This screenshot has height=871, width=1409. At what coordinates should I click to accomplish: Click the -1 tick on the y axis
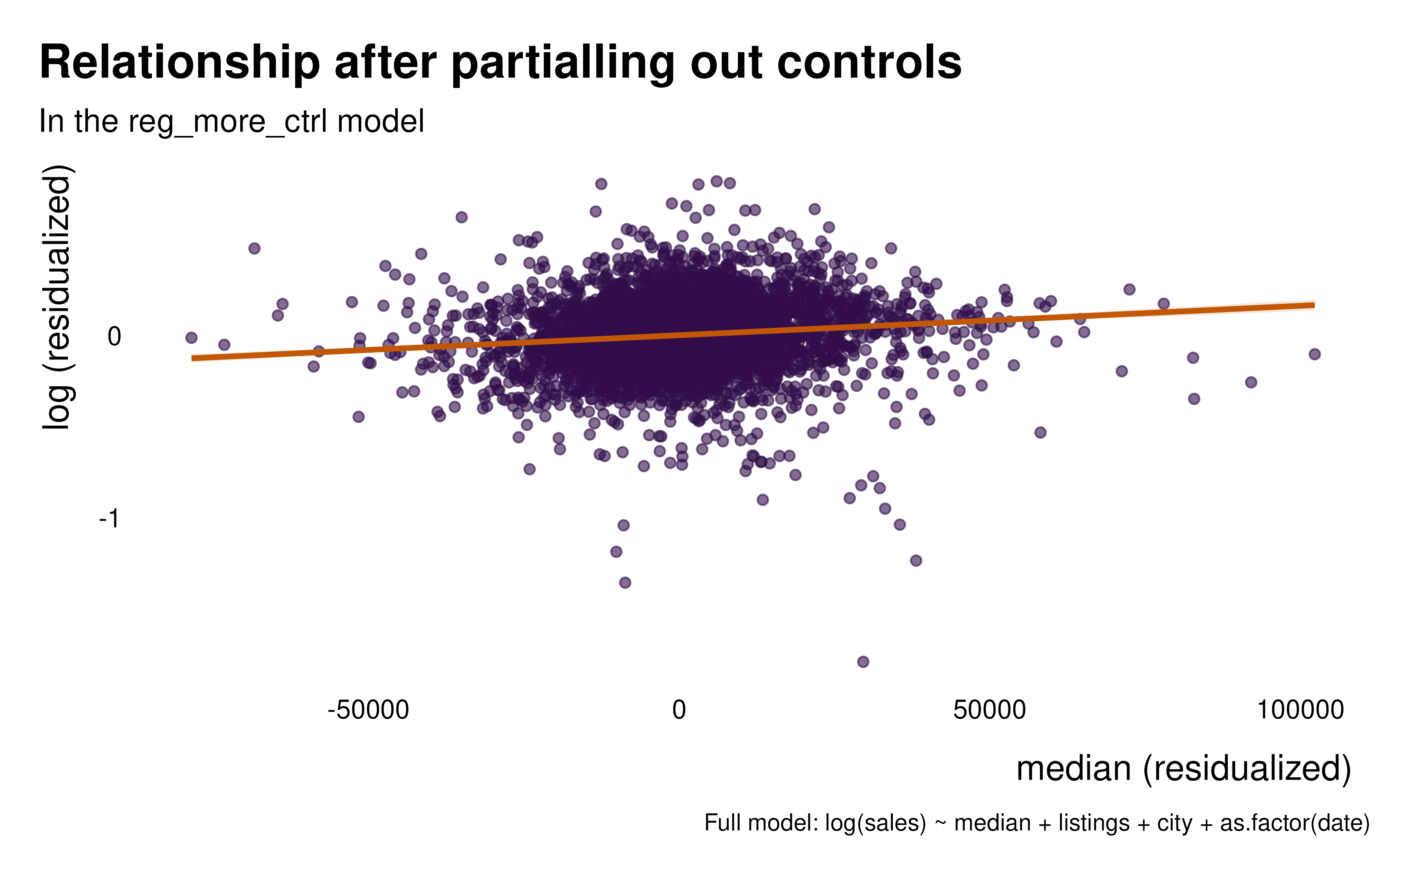(x=109, y=519)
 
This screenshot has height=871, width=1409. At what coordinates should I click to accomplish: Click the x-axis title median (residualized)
(x=1183, y=769)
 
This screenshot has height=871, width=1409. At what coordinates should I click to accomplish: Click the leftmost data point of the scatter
(x=191, y=338)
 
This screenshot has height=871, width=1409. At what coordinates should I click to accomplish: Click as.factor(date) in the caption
(x=1294, y=823)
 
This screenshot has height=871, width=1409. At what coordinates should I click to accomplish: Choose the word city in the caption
(x=1175, y=823)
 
